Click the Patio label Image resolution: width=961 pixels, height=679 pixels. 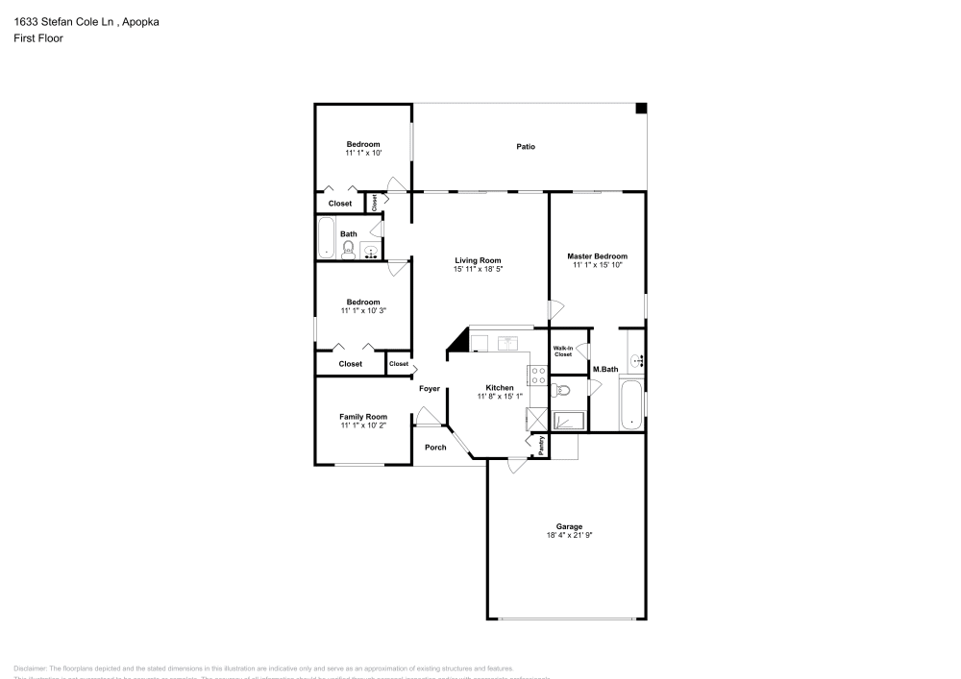[526, 146]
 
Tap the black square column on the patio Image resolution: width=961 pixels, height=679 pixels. [641, 109]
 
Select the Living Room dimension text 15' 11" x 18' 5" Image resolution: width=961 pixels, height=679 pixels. [479, 269]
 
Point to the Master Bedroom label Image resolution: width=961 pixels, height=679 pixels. [597, 256]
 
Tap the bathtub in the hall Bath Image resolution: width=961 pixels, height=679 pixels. [327, 237]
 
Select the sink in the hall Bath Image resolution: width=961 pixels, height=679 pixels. [370, 252]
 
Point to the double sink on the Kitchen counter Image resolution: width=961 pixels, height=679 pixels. [507, 342]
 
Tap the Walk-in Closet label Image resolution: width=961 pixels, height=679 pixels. [562, 351]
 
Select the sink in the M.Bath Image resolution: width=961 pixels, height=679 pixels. [635, 361]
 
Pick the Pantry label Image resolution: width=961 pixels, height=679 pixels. [542, 445]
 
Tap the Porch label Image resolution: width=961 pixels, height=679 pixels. [435, 447]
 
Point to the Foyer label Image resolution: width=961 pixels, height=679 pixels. [430, 389]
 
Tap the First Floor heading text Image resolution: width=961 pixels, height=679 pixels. [38, 37]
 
